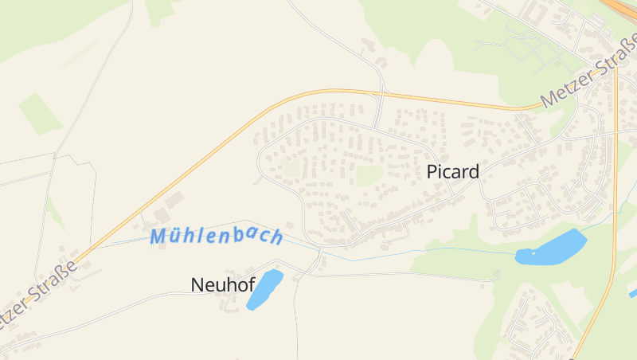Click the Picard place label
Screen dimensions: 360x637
pyautogui.click(x=453, y=171)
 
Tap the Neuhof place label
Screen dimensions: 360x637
pyautogui.click(x=223, y=284)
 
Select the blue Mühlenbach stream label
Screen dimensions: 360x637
pyautogui.click(x=216, y=237)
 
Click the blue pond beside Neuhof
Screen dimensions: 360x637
pyautogui.click(x=264, y=289)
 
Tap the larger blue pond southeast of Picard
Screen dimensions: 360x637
pyautogui.click(x=551, y=248)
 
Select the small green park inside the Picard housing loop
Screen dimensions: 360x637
pyautogui.click(x=369, y=174)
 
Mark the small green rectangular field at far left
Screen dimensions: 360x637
pyautogui.click(x=41, y=112)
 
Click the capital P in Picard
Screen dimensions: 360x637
pyautogui.click(x=433, y=171)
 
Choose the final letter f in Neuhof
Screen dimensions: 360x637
pyautogui.click(x=251, y=284)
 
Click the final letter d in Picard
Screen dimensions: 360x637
pyautogui.click(x=474, y=171)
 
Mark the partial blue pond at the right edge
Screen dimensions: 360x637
pyautogui.click(x=633, y=293)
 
